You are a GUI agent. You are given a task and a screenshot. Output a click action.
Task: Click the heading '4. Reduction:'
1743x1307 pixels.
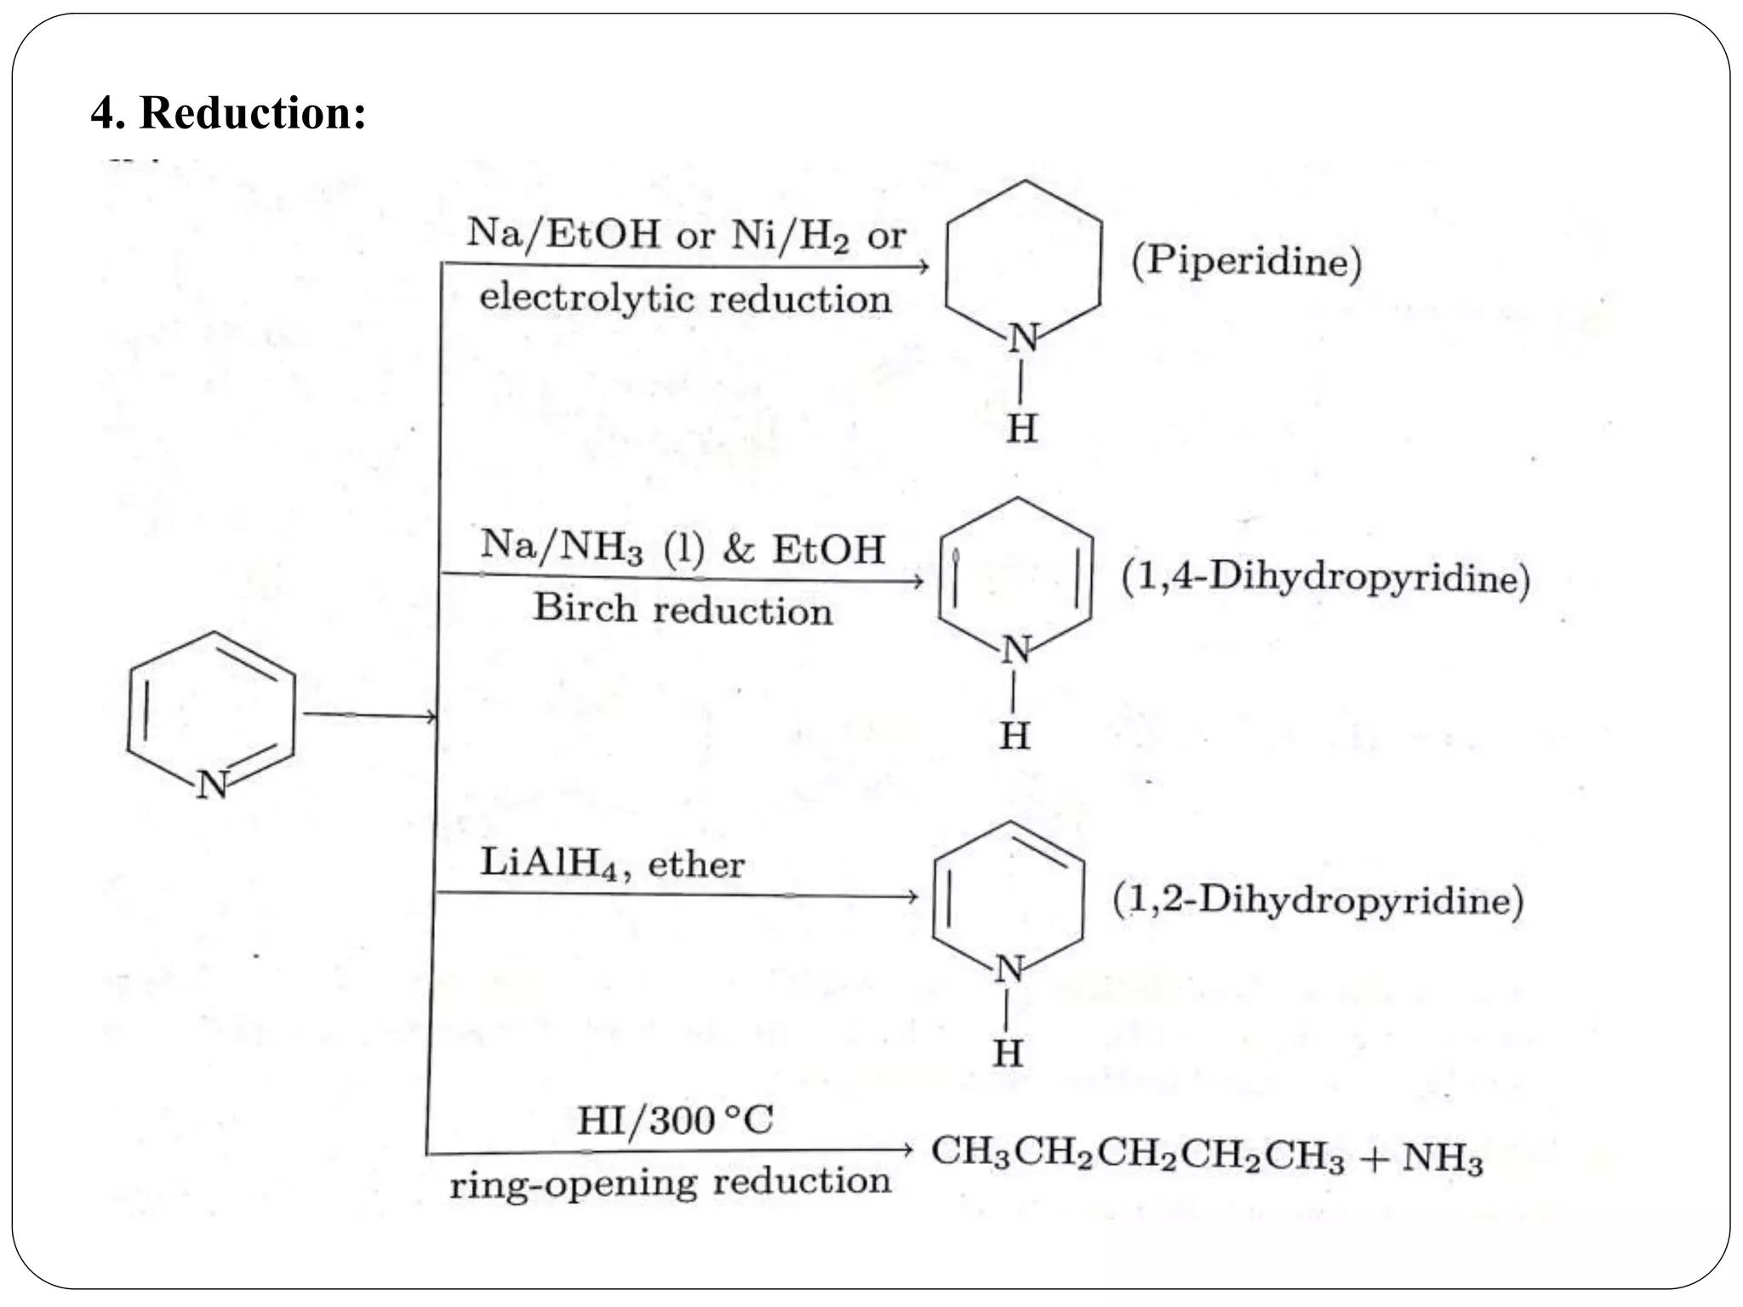tap(228, 112)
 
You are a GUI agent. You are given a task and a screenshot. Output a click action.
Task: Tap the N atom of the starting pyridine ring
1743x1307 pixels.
tap(212, 784)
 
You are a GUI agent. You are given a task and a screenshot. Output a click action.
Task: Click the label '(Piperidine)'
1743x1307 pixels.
tap(1246, 260)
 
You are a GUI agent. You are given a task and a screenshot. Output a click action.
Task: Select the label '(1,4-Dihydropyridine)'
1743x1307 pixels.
tap(1325, 577)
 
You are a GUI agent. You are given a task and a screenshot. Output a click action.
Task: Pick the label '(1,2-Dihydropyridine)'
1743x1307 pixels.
tap(1317, 899)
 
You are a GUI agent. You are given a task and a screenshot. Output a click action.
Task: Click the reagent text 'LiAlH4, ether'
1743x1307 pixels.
tap(612, 864)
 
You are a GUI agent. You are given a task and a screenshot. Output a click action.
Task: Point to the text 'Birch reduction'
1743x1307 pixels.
tap(683, 609)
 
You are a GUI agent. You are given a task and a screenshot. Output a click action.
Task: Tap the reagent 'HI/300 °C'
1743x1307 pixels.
tap(675, 1120)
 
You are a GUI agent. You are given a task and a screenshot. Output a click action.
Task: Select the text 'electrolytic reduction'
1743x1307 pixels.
tap(685, 299)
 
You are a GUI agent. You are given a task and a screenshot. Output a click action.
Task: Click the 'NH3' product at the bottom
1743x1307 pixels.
tap(1442, 1158)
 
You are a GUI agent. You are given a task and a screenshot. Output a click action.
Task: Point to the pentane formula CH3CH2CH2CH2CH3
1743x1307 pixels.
tap(1137, 1153)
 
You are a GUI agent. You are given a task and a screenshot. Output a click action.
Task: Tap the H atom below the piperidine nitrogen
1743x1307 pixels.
tap(1022, 428)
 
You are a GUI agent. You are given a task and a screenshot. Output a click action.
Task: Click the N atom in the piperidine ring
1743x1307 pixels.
tap(1024, 339)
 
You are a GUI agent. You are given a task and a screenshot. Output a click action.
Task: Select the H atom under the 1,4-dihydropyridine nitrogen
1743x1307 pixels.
tap(1014, 736)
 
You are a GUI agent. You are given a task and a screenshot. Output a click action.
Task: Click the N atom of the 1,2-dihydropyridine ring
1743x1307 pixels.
tap(1010, 968)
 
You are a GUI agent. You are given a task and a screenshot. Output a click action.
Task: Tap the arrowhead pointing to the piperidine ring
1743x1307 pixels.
tap(923, 267)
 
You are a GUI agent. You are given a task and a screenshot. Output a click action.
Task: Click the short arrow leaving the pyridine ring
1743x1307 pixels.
tap(369, 716)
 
